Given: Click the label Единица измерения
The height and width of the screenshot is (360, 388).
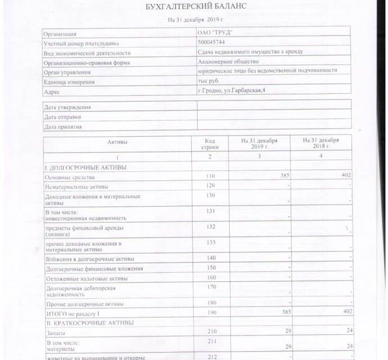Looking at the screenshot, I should coord(69,82).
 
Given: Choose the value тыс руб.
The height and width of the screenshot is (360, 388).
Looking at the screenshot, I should coord(207,81).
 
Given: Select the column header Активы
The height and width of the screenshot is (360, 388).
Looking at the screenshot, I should coord(118,142).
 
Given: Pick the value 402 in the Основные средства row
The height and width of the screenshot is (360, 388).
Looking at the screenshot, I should coord(346,176).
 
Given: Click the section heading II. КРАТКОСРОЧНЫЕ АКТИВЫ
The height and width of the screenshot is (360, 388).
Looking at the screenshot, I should coord(90,322).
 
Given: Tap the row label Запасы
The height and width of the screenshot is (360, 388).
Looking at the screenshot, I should coord(56,332).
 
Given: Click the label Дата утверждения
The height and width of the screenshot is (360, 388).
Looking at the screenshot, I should coord(67,107).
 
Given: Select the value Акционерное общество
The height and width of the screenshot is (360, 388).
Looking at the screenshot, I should coord(228,62).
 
